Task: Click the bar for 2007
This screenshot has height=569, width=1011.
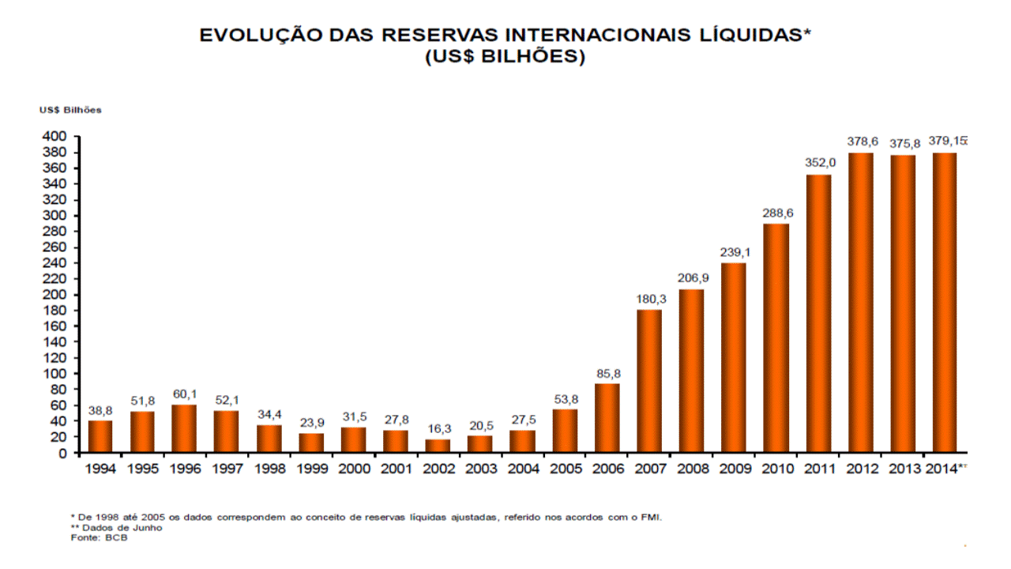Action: (648, 381)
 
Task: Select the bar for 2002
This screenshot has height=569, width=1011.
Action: (438, 446)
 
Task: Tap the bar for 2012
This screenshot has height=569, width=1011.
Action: (860, 303)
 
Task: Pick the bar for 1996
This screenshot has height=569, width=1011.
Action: (184, 428)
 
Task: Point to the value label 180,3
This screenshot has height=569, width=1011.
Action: (649, 299)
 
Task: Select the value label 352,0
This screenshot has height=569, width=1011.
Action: (818, 163)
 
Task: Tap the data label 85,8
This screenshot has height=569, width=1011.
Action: (607, 373)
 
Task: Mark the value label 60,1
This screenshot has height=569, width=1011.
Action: (184, 394)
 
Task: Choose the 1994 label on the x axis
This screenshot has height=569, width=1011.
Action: (100, 469)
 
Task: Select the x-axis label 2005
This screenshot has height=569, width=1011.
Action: (565, 469)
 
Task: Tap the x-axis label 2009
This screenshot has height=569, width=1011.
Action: (734, 469)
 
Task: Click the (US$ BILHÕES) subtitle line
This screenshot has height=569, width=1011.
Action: (505, 57)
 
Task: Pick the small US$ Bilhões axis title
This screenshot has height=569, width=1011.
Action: (70, 110)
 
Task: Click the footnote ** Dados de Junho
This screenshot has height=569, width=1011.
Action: (117, 528)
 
